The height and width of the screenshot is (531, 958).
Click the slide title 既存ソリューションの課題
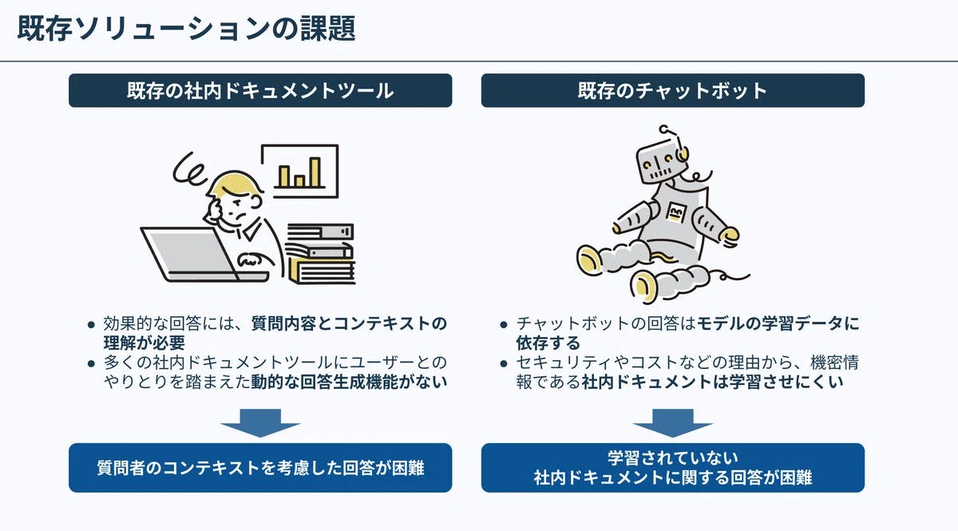coord(187,29)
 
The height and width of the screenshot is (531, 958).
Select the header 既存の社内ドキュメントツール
coord(260,90)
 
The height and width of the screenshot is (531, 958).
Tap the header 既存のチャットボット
coord(673,90)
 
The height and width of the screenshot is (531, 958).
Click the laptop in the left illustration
coord(192,256)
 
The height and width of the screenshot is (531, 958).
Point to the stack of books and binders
coord(320,254)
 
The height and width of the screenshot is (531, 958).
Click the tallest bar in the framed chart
coord(315,172)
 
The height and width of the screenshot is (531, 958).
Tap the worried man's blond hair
coord(235,184)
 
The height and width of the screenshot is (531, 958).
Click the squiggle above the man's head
coord(188,169)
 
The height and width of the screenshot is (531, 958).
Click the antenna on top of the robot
coord(671,135)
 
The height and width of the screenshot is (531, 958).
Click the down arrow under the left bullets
coord(260,422)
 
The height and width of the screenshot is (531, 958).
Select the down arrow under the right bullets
coord(673,422)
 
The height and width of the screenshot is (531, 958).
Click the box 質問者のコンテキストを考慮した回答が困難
coord(260,468)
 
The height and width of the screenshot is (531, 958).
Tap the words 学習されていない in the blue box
coord(673,458)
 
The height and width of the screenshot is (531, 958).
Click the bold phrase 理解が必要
coord(144,343)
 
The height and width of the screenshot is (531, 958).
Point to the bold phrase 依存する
coord(548,343)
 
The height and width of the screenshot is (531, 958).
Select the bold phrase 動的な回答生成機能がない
coord(349,382)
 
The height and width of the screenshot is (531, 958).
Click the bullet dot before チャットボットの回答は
coord(504,325)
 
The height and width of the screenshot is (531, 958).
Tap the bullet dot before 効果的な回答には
coord(91,325)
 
